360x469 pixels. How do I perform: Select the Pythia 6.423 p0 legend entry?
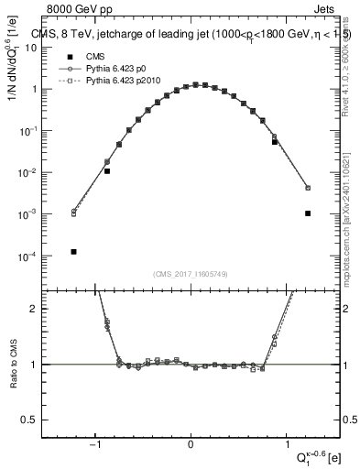108,69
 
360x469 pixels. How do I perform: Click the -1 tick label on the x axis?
95,447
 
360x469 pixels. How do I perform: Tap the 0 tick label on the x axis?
191,447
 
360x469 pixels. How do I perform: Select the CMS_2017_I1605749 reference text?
191,274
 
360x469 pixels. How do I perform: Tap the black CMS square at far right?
308,213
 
